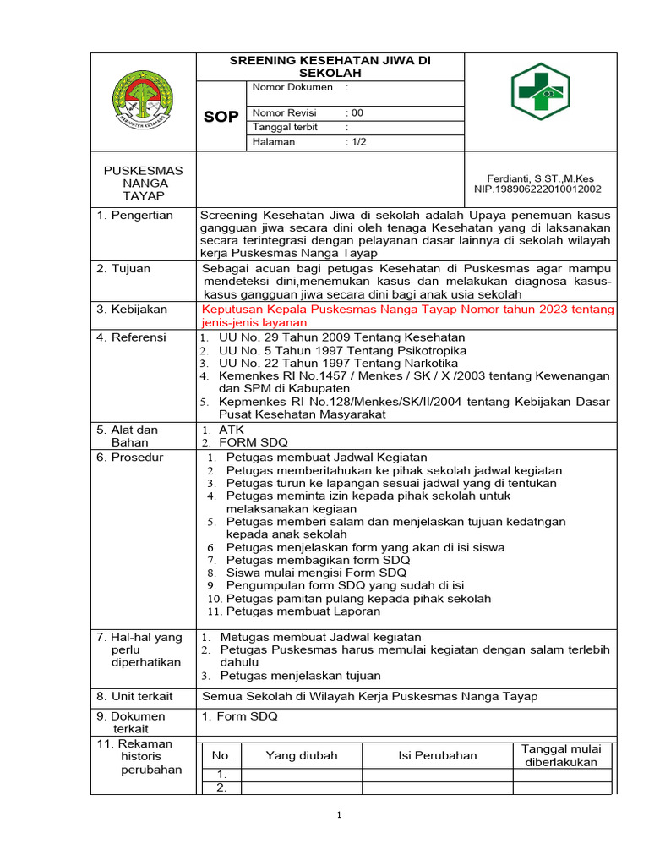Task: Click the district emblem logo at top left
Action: [x=143, y=102]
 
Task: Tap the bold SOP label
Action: [x=221, y=117]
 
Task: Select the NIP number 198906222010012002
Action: [x=537, y=189]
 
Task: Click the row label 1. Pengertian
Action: [x=135, y=215]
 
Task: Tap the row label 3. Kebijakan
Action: [x=134, y=310]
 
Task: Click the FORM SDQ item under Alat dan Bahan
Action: [x=254, y=442]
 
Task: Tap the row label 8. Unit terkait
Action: [x=135, y=696]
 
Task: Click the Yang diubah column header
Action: [x=302, y=755]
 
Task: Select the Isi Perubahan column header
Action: [x=438, y=755]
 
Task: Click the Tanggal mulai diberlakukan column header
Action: [x=561, y=755]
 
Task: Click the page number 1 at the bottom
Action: [x=339, y=815]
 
